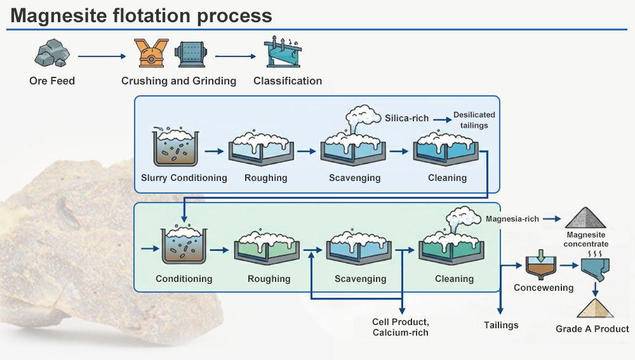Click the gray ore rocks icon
(52, 53)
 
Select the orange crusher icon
(151, 53)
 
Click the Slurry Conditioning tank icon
(175, 146)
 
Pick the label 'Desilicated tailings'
(474, 120)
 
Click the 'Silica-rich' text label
(406, 118)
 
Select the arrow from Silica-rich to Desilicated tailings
(442, 119)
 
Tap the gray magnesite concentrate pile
(585, 217)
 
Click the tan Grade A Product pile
(595, 309)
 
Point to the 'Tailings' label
(501, 325)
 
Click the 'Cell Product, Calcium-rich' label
(401, 327)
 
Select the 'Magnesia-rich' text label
(512, 218)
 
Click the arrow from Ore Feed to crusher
(102, 57)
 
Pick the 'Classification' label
(288, 81)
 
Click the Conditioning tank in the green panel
(184, 244)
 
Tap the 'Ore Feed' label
(52, 81)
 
